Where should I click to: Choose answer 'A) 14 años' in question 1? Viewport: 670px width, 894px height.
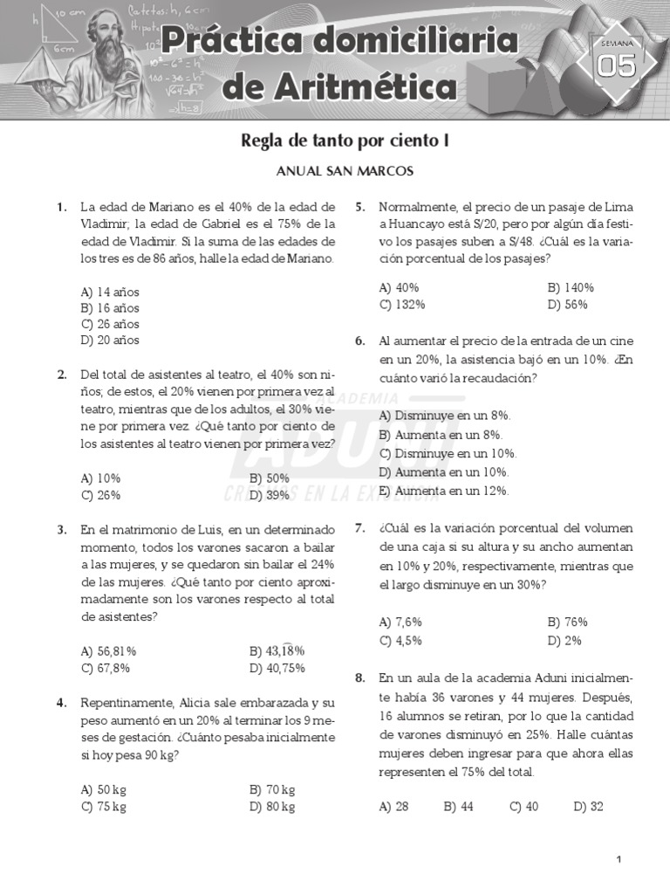110,292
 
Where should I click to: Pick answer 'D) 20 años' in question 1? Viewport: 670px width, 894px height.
110,340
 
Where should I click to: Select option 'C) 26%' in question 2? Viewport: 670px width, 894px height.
100,495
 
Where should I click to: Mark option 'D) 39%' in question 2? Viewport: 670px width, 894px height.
269,495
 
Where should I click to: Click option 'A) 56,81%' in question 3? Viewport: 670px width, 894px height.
108,651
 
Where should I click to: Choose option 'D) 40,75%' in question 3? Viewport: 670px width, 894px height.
277,668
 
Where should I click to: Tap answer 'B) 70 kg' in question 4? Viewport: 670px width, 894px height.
272,790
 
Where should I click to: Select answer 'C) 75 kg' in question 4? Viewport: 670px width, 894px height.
103,807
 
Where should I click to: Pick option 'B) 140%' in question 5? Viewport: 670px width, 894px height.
571,287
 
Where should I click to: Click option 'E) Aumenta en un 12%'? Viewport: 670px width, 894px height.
443,491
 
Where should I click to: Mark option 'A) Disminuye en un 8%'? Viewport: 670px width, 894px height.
445,416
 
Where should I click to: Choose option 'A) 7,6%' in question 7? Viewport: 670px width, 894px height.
400,622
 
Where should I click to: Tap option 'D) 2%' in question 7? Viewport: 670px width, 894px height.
564,640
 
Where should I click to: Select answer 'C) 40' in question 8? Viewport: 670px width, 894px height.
523,807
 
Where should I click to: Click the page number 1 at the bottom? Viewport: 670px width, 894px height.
619,860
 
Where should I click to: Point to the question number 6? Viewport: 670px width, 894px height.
359,341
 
